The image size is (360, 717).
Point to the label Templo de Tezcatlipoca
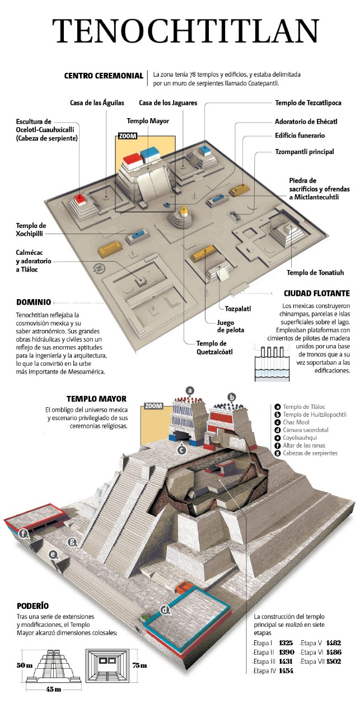pos(307,103)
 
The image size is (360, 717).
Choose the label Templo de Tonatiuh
pos(315,273)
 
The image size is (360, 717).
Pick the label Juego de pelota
pos(231,326)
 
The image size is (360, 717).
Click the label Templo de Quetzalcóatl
pos(214,347)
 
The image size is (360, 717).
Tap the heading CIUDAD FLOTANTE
pos(317,293)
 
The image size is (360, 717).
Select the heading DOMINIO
pos(34,301)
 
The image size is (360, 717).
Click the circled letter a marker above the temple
pos(190,390)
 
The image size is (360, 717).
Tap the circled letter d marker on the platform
pos(165,610)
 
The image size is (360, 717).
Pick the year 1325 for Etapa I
pos(286,643)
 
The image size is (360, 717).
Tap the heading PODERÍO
pos(32,606)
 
